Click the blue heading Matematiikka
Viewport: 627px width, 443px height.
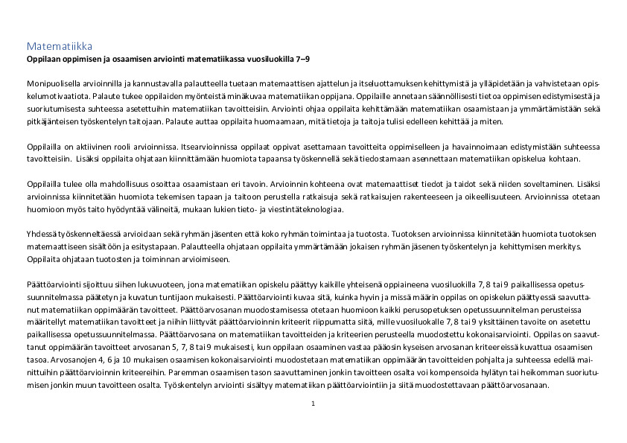[60, 47]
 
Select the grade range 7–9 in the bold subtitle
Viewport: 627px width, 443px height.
[302, 58]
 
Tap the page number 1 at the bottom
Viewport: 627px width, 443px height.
[313, 403]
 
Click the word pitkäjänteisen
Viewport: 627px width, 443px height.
[51, 121]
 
